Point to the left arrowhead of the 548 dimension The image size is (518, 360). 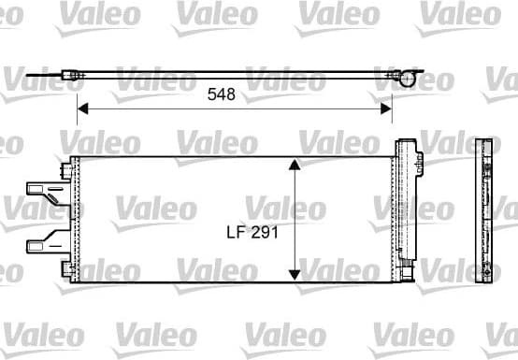click(x=81, y=109)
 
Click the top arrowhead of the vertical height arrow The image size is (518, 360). click(x=295, y=165)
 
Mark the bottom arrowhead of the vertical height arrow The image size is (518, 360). click(x=295, y=274)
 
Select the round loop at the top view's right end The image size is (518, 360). click(x=404, y=78)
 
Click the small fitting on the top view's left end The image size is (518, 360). click(x=72, y=74)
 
